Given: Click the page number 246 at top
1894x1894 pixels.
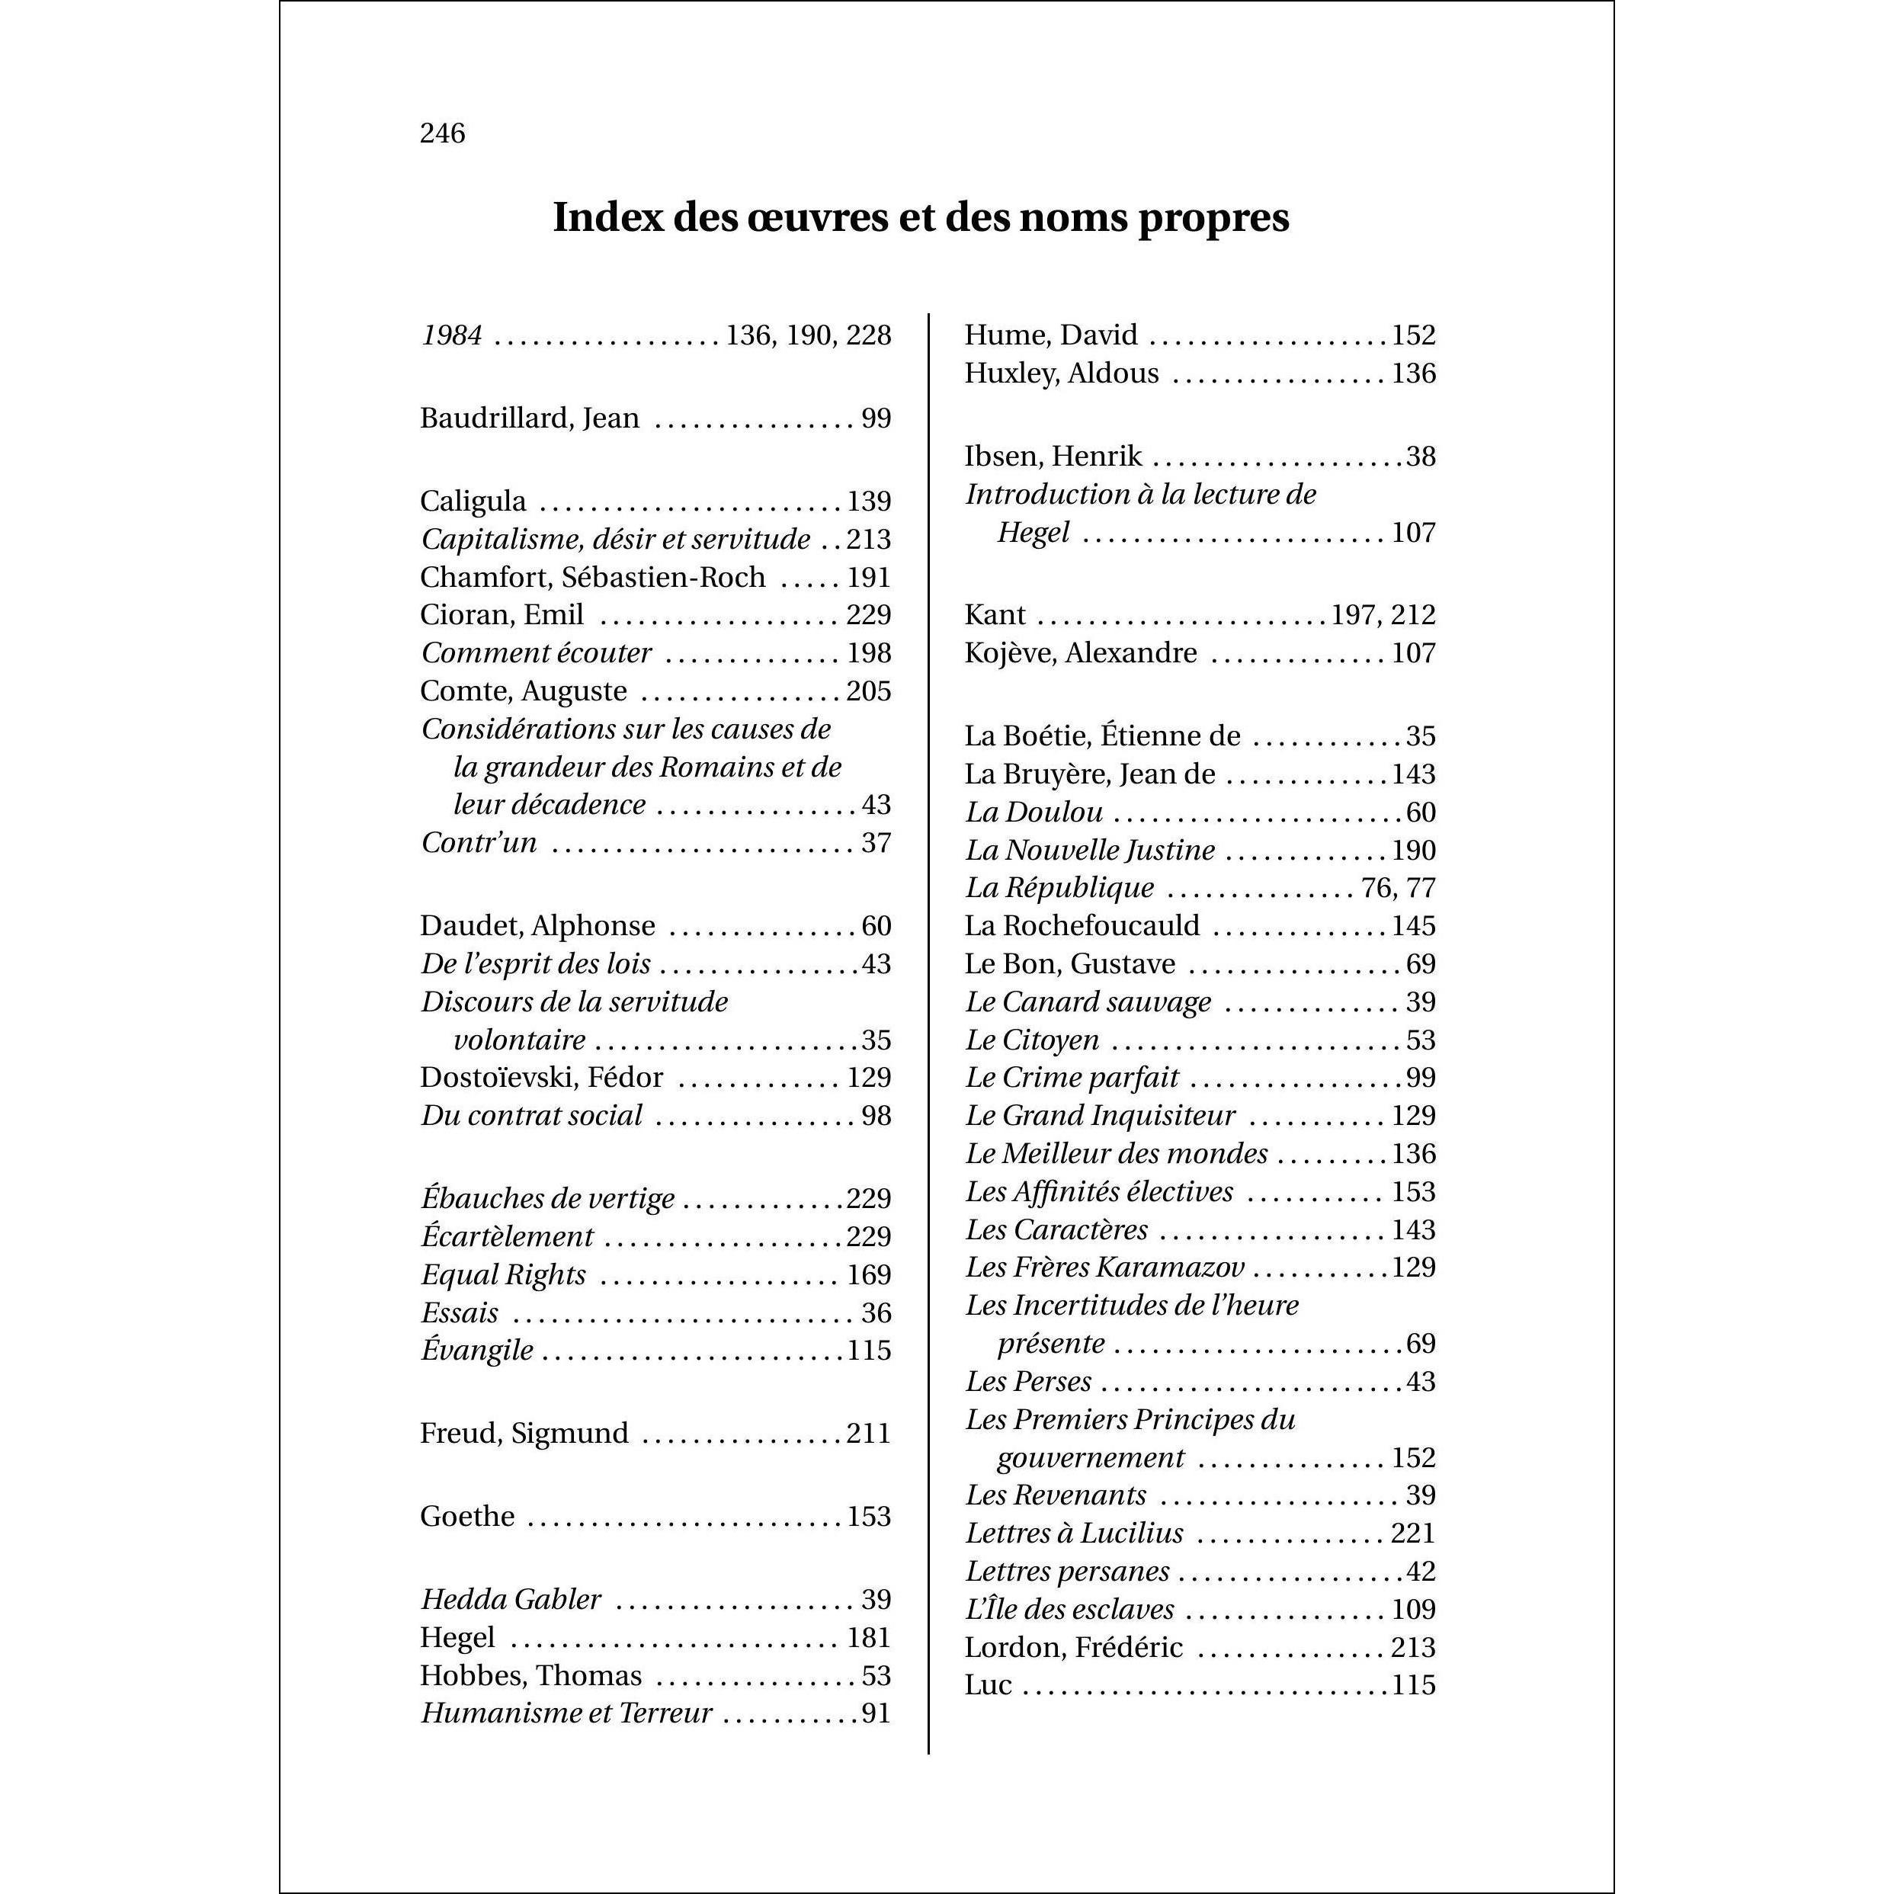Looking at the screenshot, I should tap(442, 133).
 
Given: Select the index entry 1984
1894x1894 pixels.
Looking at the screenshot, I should tap(452, 336).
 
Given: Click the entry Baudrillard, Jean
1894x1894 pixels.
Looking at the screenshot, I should tap(530, 418).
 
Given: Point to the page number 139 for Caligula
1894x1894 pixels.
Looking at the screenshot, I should tap(869, 502).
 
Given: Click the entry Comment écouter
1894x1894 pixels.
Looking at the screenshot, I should tap(537, 653).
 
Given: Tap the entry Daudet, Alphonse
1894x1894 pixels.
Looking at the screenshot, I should tap(537, 926).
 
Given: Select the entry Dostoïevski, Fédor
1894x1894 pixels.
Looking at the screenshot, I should tap(541, 1078).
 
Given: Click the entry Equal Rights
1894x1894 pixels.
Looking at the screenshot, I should tap(504, 1275).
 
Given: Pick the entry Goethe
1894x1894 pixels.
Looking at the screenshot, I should tap(468, 1517).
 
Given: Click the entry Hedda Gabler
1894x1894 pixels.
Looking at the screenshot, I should tap(511, 1600).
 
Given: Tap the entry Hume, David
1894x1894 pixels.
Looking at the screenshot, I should tap(1051, 335).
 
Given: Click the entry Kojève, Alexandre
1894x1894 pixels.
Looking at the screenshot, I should tap(1080, 653).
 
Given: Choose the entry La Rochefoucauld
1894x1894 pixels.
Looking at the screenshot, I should tap(1082, 926).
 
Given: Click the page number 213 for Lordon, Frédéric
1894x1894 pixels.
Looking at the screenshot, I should tap(1412, 1647).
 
